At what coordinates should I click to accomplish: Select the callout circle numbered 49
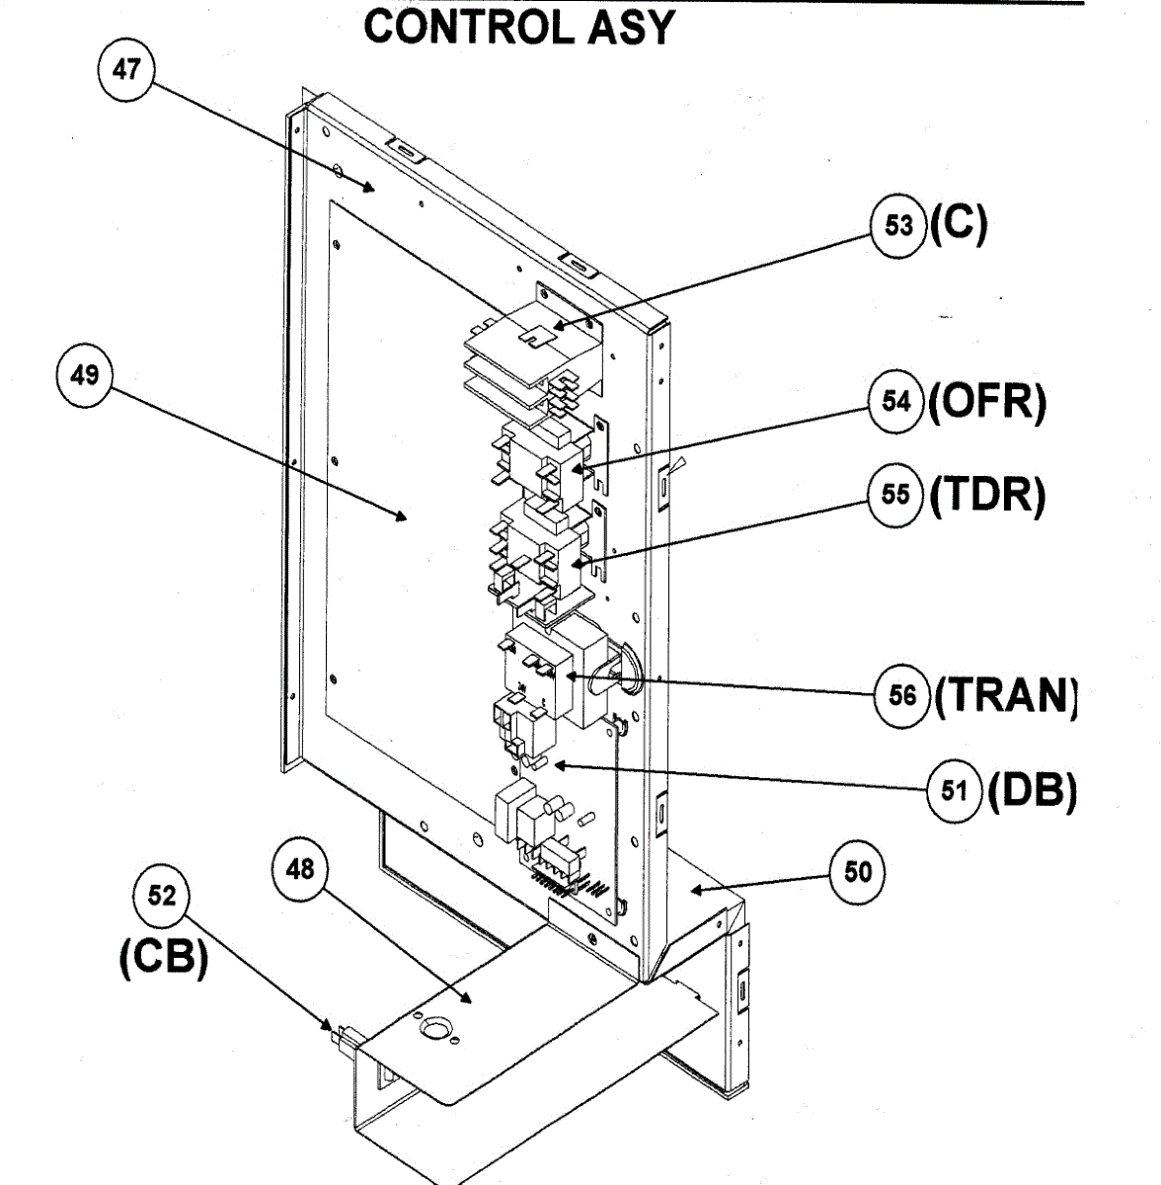[85, 375]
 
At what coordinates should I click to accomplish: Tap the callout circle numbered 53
[898, 225]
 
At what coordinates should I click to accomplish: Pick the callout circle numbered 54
[896, 401]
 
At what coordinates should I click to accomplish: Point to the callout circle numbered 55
[896, 493]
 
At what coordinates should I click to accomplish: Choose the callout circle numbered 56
[902, 695]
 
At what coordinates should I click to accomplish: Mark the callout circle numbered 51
[955, 790]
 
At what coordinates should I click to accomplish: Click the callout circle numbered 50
[858, 872]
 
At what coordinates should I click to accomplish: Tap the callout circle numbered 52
[162, 896]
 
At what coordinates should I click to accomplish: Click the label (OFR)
[986, 402]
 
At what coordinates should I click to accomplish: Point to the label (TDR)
[986, 494]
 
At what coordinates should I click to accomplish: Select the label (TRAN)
[1005, 695]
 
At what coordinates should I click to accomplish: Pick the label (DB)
[1032, 790]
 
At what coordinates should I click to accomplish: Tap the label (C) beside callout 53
[957, 225]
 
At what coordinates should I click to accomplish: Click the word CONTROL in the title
[469, 27]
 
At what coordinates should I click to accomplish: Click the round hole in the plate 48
[433, 1030]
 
